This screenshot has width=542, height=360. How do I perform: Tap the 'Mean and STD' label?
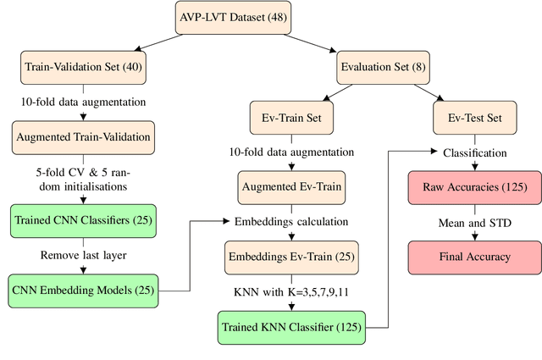click(474, 222)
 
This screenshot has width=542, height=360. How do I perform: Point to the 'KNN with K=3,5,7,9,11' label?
click(291, 291)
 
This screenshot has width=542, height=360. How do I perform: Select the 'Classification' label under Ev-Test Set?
click(474, 153)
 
